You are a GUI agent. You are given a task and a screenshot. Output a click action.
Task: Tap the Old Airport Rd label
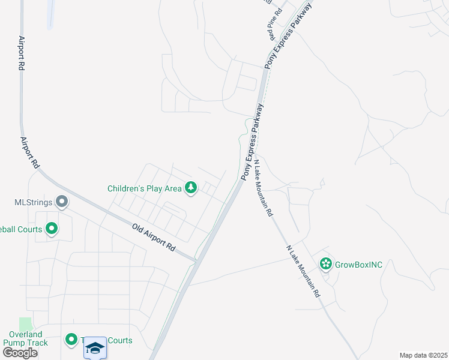154,238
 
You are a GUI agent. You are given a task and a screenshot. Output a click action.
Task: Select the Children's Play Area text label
144,188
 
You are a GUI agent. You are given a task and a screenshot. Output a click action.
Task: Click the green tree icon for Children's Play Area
191,188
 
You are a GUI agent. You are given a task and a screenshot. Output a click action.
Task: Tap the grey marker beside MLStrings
61,202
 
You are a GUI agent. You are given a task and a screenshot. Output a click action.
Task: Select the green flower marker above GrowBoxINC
326,263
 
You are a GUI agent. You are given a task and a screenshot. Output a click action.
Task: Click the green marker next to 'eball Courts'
51,229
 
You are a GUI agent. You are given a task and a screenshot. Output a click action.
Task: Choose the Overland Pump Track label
25,338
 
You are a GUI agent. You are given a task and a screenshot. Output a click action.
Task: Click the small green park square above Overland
25,324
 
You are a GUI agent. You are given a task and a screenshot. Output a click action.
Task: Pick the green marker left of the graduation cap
71,341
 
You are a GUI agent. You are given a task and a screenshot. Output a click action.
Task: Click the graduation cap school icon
95,347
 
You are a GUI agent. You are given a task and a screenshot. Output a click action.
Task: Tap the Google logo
19,352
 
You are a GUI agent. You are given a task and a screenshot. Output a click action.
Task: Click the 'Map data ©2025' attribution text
423,355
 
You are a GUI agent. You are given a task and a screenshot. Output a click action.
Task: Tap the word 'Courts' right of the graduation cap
119,341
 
